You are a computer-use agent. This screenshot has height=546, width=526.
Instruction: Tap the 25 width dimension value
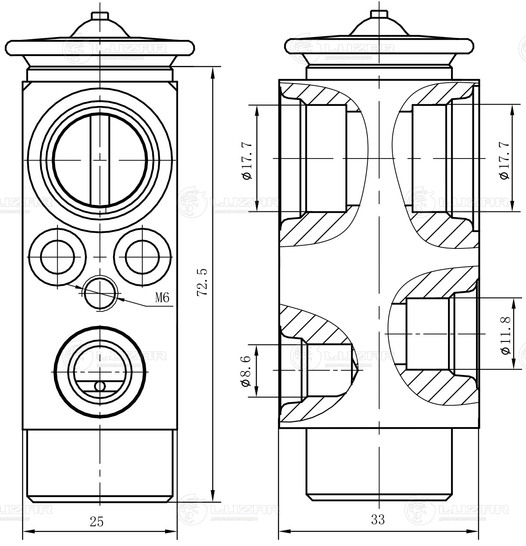(97, 521)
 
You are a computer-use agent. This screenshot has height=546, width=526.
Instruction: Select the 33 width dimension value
(378, 520)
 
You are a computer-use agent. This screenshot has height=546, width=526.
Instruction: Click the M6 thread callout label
(162, 297)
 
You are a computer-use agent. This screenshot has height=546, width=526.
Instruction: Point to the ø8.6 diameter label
(246, 371)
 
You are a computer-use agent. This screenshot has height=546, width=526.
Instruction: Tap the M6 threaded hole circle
(100, 293)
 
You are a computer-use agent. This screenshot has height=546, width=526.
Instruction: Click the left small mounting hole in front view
(58, 257)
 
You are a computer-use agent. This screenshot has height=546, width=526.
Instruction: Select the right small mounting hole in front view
(142, 257)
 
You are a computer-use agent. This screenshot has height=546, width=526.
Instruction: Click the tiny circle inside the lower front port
(100, 386)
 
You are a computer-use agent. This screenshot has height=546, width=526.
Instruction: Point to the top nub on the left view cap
(100, 16)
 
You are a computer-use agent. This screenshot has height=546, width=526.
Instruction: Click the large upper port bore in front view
(100, 160)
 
